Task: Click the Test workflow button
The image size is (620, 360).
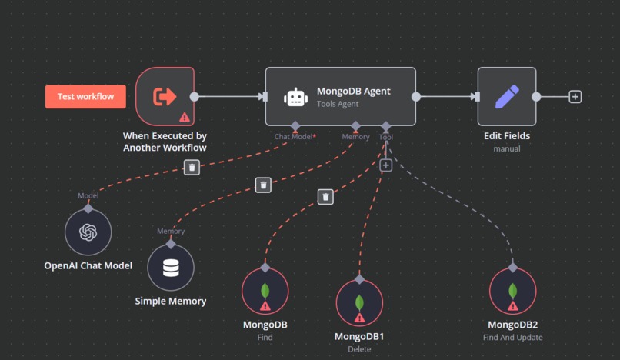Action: coord(85,97)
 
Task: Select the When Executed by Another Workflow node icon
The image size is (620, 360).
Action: coord(165,96)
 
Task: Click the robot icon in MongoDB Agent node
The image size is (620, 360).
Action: coord(296,97)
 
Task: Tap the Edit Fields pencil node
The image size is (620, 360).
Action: coord(506,96)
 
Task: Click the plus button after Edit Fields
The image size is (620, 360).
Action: coord(575,97)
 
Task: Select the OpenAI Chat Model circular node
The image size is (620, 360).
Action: coord(88,232)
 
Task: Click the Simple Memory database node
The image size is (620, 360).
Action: coord(170,268)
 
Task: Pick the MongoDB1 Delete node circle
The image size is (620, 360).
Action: coord(359,302)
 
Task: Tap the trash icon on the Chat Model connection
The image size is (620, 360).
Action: coord(192,166)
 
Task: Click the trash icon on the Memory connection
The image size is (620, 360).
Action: coord(263,185)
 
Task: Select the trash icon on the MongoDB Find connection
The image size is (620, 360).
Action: coord(325,197)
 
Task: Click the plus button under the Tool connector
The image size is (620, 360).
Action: coord(386,165)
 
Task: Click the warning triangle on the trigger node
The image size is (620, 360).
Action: coord(184,117)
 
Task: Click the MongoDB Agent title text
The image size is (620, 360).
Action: coord(353,91)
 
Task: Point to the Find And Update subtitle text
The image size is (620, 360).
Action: coord(512,337)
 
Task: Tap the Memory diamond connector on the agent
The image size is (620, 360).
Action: coord(355,125)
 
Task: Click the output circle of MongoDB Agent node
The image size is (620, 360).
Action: coord(416,97)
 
